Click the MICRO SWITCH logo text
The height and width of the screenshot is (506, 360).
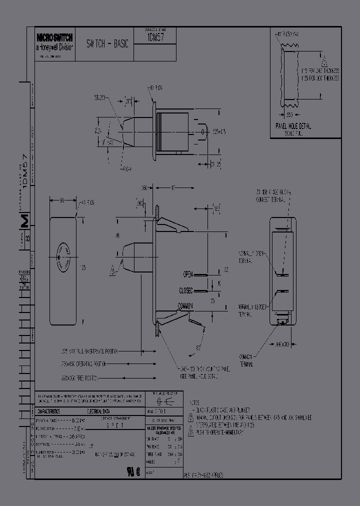(54, 37)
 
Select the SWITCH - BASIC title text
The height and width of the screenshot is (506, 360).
(107, 44)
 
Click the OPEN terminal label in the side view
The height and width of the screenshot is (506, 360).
(187, 274)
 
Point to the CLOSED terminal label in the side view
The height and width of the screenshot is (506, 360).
(186, 290)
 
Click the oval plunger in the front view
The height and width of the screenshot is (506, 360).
(63, 256)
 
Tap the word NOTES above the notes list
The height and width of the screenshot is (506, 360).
(194, 402)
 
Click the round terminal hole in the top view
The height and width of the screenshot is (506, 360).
(202, 132)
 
